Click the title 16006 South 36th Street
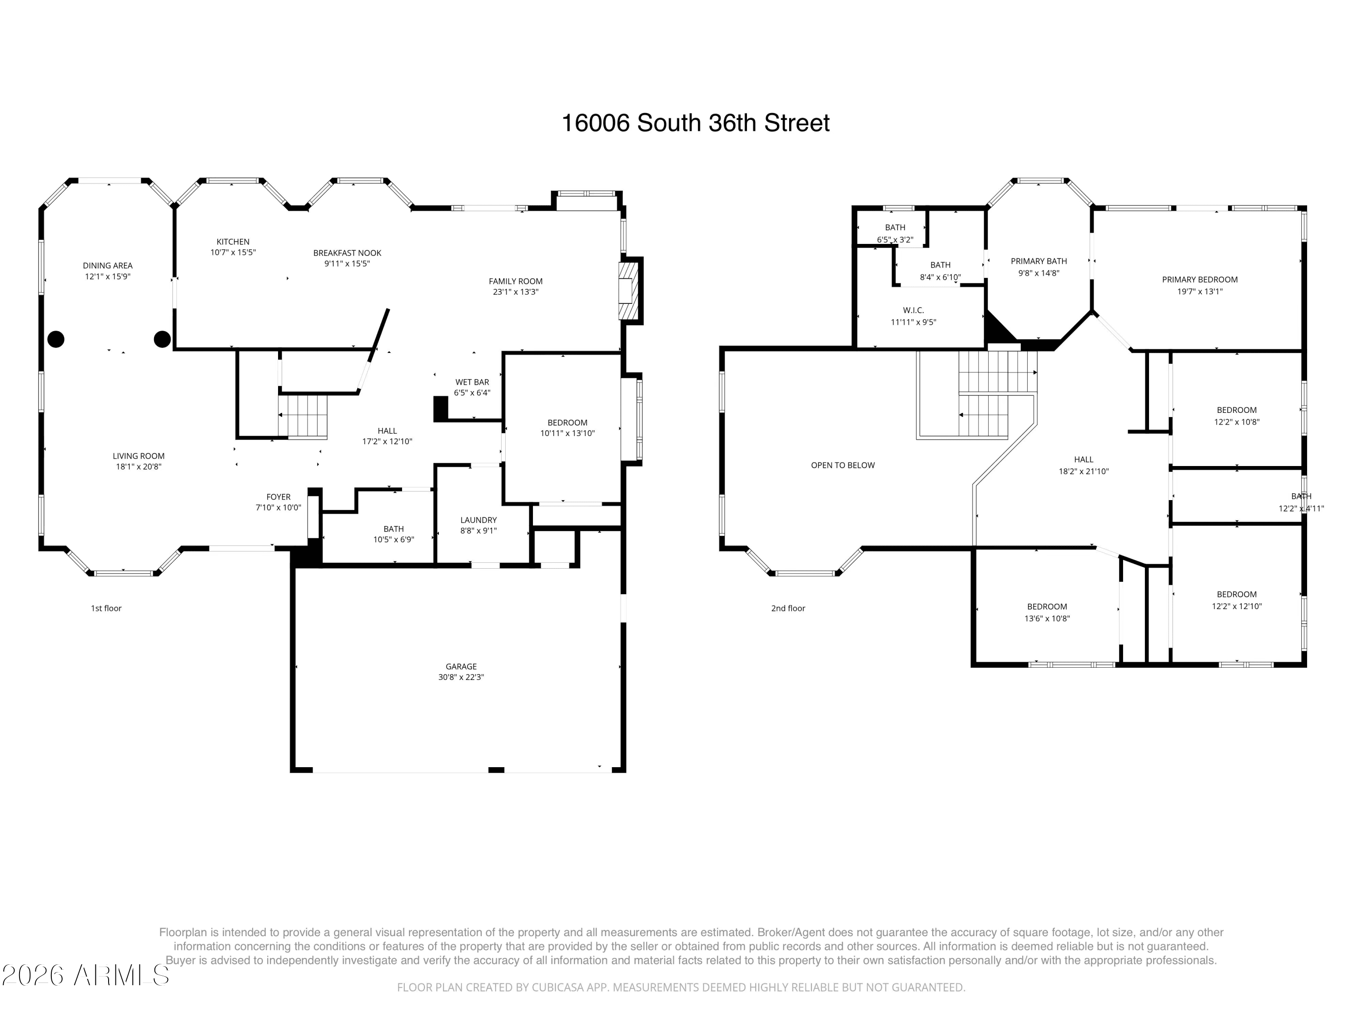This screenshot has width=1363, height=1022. (x=695, y=123)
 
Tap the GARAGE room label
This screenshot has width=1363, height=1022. (x=461, y=666)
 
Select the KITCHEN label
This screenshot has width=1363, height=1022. (x=233, y=242)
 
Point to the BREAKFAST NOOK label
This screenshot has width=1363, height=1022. (x=347, y=253)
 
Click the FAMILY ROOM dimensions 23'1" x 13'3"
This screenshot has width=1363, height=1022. (x=516, y=292)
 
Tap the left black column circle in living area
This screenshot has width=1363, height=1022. (x=56, y=339)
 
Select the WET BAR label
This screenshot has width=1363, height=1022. (x=472, y=382)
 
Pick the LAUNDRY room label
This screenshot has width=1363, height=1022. (x=478, y=521)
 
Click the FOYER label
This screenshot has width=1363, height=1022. (x=279, y=497)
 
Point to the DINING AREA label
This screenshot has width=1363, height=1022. (x=108, y=266)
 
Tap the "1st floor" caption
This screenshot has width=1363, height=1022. (x=106, y=609)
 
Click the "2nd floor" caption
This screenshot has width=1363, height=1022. (x=788, y=609)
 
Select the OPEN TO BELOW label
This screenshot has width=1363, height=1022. (x=842, y=466)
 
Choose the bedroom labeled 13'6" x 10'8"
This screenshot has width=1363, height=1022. (x=1047, y=612)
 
